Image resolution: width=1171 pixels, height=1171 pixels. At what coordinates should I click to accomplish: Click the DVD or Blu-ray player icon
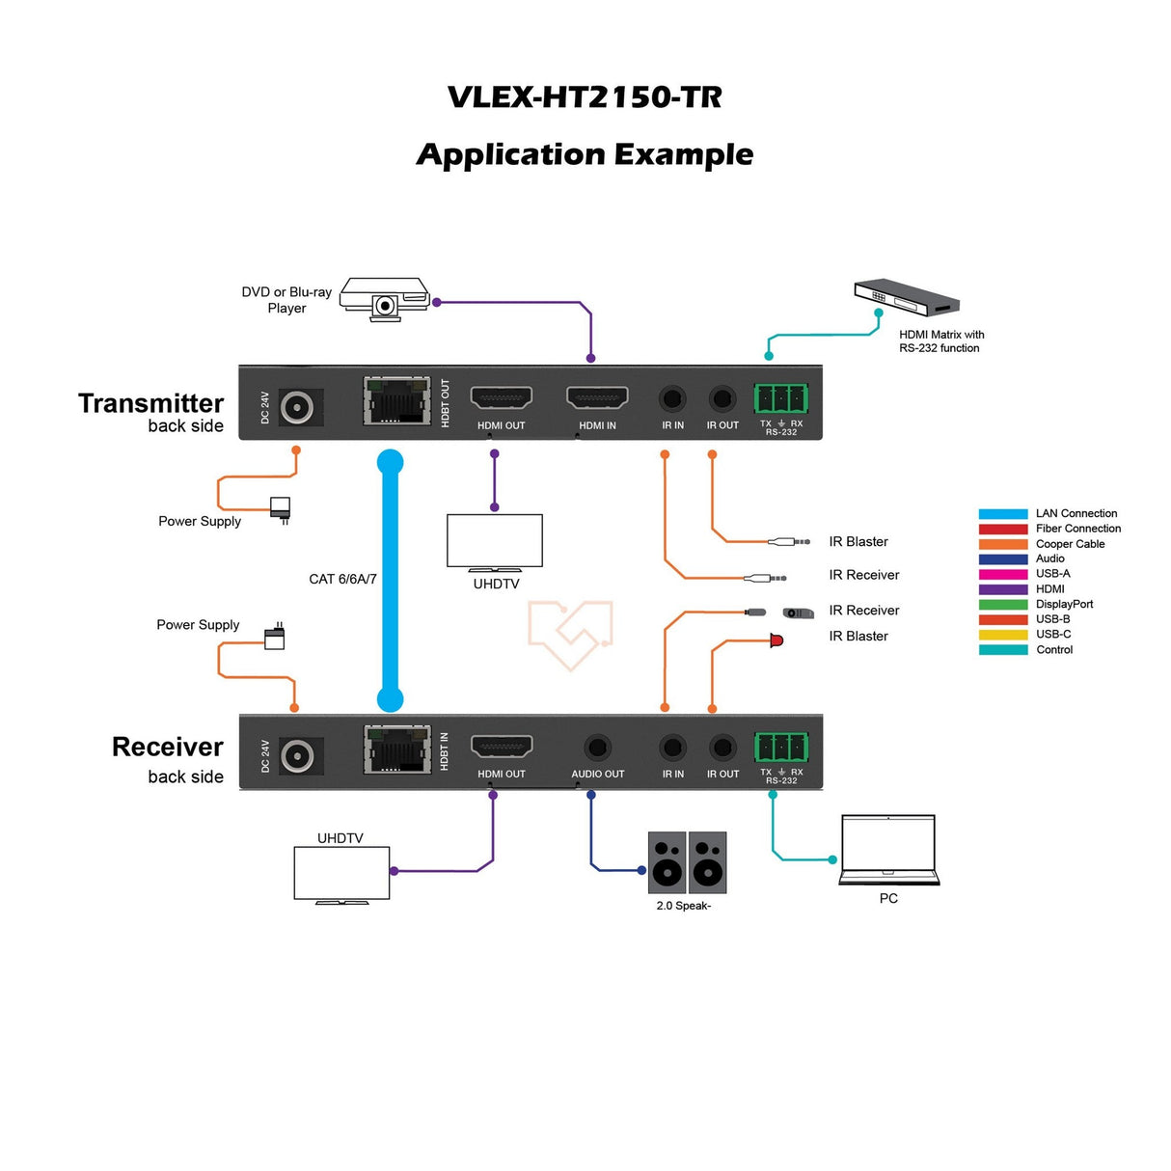pos(385,299)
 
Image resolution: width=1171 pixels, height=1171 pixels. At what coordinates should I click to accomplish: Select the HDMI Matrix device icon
pos(907,297)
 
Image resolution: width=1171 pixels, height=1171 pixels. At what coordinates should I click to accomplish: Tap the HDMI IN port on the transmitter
pos(597,397)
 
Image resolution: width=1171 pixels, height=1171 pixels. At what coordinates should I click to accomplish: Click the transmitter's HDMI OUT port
pos(501,397)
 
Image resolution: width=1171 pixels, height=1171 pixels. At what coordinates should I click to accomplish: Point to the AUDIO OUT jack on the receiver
pos(598,748)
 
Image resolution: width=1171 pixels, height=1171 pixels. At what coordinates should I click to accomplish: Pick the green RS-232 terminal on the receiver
pos(781,747)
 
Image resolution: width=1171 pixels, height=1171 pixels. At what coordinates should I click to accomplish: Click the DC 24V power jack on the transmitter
pos(297,407)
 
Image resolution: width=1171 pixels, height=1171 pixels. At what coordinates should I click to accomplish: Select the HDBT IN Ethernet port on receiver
pos(396,749)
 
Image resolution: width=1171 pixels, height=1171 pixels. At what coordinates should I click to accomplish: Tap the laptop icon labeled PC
pos(888,849)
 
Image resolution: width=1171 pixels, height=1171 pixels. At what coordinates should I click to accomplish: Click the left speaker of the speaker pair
pos(667,862)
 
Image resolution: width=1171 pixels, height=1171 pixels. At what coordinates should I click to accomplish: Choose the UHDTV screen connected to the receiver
pos(341,873)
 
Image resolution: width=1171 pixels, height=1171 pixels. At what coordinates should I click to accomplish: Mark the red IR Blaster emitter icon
pos(776,640)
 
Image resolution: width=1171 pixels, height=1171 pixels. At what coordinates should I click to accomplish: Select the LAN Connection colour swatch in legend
pos(1002,514)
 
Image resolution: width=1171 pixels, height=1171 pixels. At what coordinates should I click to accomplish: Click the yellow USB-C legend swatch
pos(1002,635)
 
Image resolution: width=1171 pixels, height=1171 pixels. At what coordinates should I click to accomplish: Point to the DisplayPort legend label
pos(1064,604)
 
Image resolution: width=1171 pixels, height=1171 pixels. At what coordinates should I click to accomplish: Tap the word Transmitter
pos(150,403)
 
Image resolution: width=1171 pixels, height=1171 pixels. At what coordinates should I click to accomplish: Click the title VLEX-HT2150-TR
pos(585,97)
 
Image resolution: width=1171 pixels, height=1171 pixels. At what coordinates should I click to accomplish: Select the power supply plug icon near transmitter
pos(281,508)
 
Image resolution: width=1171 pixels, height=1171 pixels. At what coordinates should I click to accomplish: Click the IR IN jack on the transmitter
pos(672,397)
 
